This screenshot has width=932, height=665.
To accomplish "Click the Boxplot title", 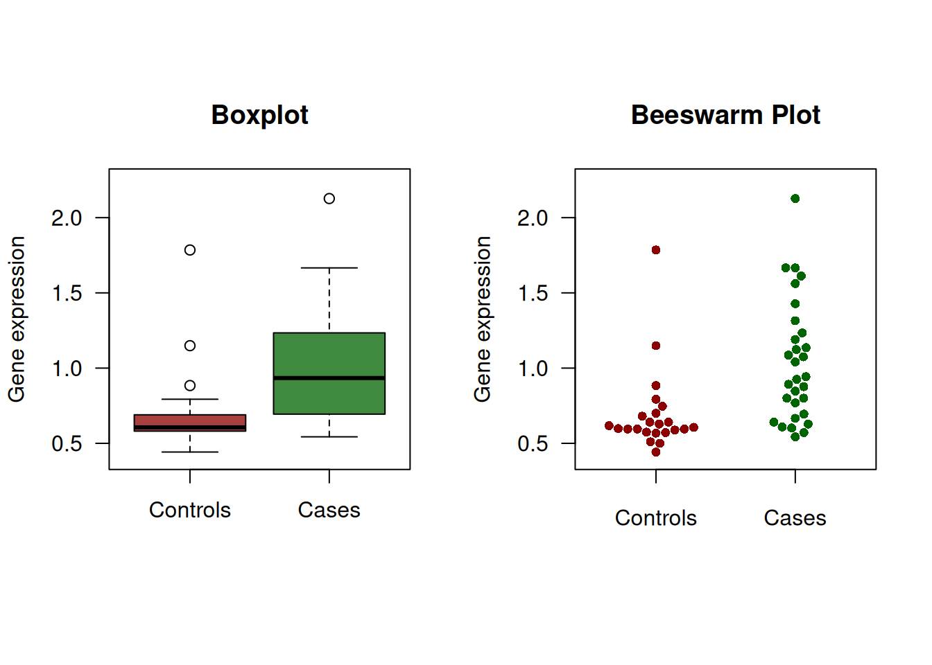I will [259, 115].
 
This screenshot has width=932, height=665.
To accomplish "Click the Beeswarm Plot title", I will [725, 115].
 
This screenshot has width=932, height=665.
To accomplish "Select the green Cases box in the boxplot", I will [329, 353].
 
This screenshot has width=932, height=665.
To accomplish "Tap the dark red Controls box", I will [189, 420].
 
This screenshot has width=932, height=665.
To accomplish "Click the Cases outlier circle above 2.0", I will [329, 199].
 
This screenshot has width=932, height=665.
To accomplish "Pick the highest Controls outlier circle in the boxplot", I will [190, 250].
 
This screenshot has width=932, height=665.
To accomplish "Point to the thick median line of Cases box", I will [329, 378].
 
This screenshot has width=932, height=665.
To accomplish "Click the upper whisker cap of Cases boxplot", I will [329, 267].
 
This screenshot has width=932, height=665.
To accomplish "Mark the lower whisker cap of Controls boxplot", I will [190, 452].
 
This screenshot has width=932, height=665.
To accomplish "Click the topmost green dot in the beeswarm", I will [795, 199].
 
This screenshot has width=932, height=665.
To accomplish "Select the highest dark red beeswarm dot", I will [656, 250].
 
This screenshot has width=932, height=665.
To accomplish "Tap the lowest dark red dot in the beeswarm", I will [656, 452].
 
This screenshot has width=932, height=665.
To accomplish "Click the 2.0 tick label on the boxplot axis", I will [67, 218].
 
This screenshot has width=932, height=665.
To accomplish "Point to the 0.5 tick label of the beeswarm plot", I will [533, 444].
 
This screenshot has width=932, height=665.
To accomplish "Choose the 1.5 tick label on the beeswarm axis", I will [533, 294].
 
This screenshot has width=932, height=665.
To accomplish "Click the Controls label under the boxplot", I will [189, 511].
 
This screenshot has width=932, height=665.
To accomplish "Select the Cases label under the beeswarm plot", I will [795, 518].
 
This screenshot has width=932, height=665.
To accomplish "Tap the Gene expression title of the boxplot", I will [17, 319].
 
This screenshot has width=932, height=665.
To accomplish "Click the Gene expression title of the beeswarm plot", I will [483, 319].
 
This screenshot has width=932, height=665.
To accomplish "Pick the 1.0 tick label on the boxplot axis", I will [67, 369].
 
